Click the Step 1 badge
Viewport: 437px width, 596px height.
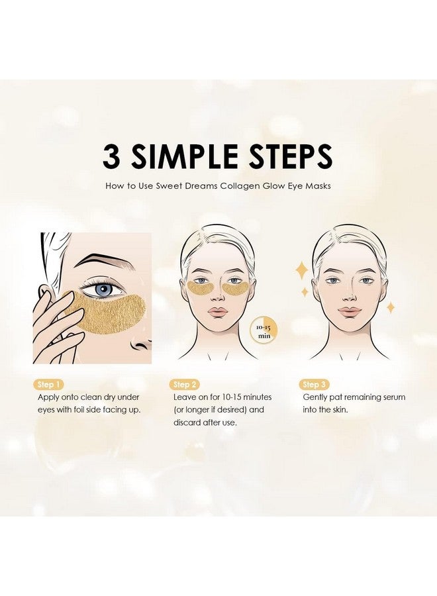[x=51, y=384]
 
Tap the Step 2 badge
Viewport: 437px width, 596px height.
[x=184, y=384]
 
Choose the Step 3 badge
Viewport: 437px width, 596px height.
[x=315, y=384]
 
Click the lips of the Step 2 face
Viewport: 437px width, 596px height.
[x=218, y=311]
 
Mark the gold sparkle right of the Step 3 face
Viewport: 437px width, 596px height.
[x=391, y=307]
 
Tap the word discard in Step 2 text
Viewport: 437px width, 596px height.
[x=190, y=422]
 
